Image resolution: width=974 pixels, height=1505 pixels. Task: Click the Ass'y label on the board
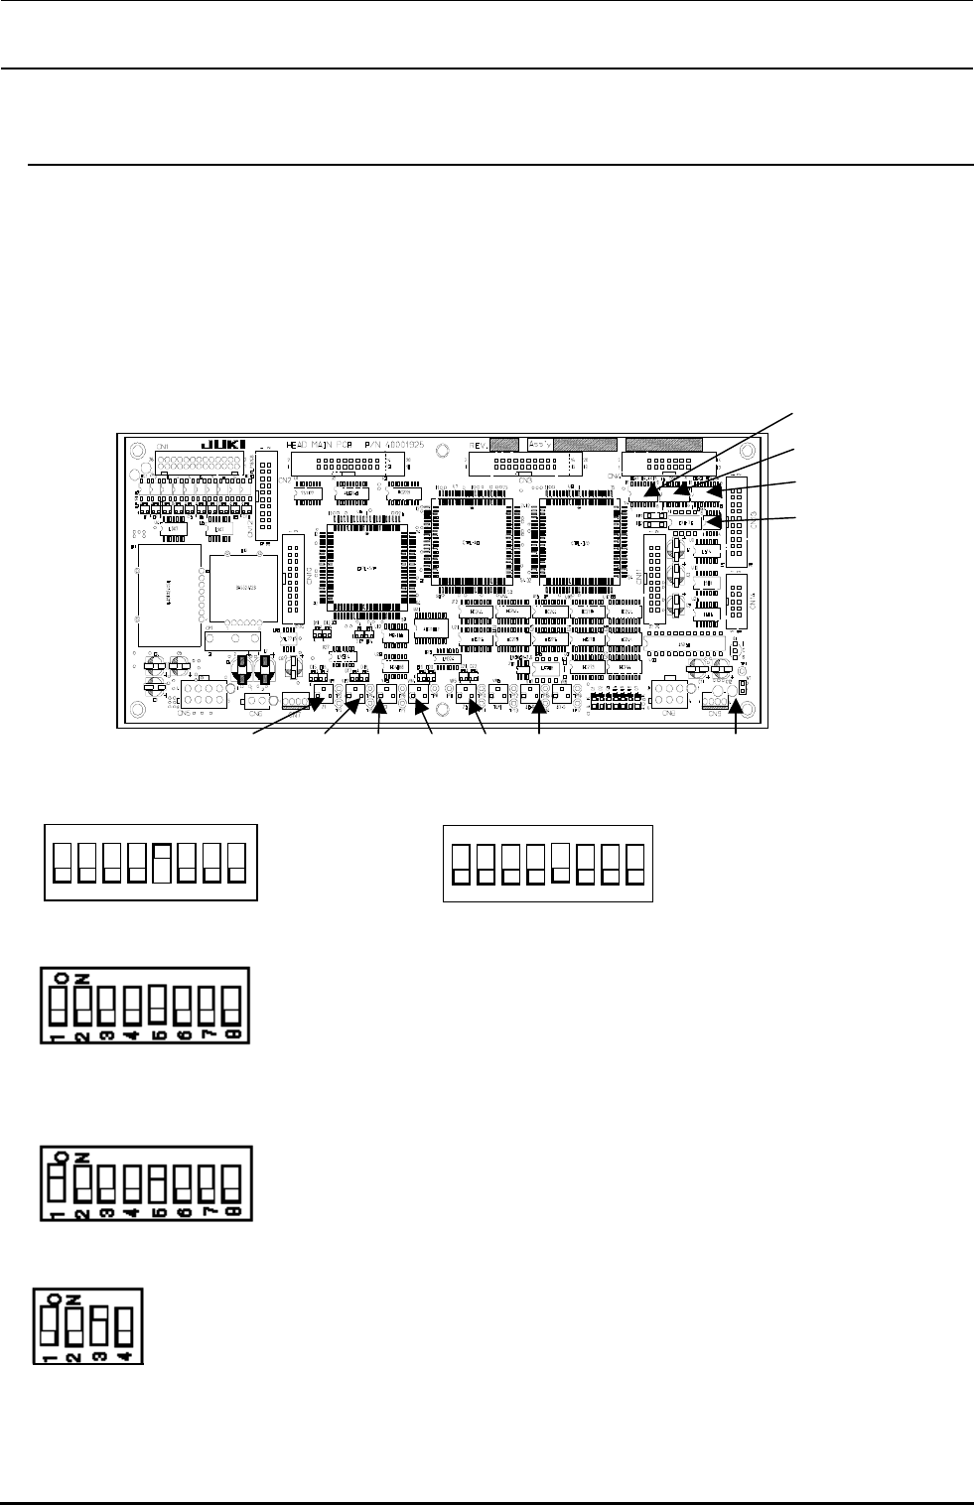coord(540,445)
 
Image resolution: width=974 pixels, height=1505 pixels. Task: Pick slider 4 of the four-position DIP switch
coord(125,1324)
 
